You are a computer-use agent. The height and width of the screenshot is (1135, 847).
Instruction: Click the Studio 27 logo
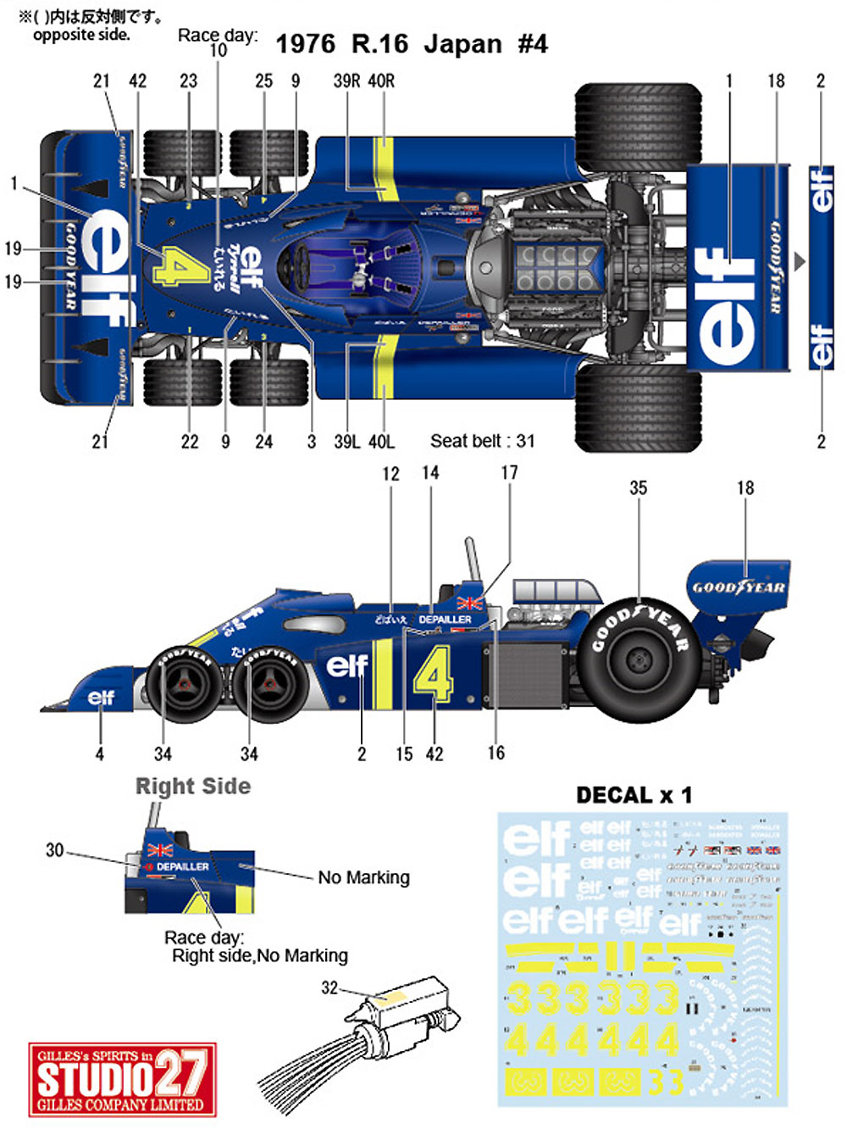(123, 1079)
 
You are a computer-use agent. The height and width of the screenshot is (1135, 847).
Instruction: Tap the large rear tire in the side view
(639, 654)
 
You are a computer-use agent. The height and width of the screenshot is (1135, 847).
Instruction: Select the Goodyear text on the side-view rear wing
(739, 587)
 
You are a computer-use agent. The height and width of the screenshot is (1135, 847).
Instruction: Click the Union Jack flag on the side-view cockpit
(469, 603)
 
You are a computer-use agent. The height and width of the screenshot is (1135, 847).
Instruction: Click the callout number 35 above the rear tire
(638, 487)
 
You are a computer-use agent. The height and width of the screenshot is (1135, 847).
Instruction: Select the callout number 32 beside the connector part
(329, 988)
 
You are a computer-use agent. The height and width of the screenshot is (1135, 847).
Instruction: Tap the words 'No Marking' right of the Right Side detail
(363, 877)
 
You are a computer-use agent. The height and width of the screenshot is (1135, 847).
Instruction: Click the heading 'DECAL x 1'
(634, 795)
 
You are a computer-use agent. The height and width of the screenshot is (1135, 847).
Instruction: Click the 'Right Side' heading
(193, 787)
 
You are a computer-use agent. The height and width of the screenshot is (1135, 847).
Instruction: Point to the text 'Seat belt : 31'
(482, 441)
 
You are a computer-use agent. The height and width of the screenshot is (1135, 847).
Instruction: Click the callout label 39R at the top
(346, 81)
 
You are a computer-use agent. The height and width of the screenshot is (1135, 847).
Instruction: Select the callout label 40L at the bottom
(381, 442)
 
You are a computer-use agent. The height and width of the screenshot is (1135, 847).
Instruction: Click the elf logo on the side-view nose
(101, 697)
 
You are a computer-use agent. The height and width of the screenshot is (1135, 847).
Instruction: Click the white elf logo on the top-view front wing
(108, 264)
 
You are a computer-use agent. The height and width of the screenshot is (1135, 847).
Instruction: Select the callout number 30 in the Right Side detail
(54, 849)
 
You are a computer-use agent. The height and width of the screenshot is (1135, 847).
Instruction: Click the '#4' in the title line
(533, 44)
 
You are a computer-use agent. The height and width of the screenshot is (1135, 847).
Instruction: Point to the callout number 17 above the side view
(509, 472)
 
